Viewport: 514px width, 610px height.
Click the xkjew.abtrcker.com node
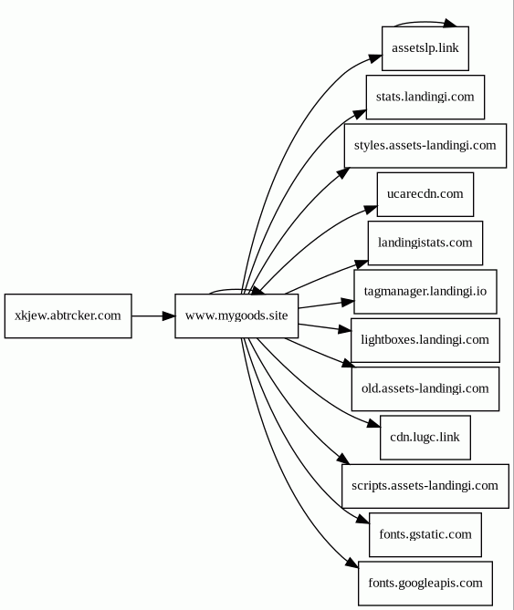(x=68, y=315)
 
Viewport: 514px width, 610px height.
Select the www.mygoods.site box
(x=236, y=315)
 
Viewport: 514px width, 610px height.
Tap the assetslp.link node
(x=425, y=48)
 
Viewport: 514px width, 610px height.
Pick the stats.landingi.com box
(x=425, y=97)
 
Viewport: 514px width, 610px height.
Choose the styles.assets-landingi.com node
(x=425, y=146)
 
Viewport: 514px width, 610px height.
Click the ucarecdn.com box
(x=425, y=194)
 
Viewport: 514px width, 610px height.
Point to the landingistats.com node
(x=425, y=243)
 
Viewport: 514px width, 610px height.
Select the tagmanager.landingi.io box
(x=425, y=292)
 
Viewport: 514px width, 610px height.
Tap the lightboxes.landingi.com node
(x=425, y=340)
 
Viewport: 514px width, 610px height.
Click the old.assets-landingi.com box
(x=425, y=388)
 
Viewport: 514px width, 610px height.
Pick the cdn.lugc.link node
(x=425, y=438)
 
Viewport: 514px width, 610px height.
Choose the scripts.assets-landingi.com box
(x=425, y=486)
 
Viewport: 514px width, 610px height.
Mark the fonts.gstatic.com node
(x=425, y=534)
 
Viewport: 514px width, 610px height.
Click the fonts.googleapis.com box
(x=425, y=584)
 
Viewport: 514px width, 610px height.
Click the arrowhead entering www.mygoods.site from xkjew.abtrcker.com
(x=169, y=315)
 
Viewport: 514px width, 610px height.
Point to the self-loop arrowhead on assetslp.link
(x=450, y=23)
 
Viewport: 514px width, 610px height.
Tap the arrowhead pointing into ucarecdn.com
(x=371, y=210)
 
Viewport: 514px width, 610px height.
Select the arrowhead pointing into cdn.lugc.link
(x=373, y=423)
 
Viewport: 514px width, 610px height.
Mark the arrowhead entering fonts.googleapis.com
(x=351, y=563)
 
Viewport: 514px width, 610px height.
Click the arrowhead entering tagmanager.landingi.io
(x=347, y=302)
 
